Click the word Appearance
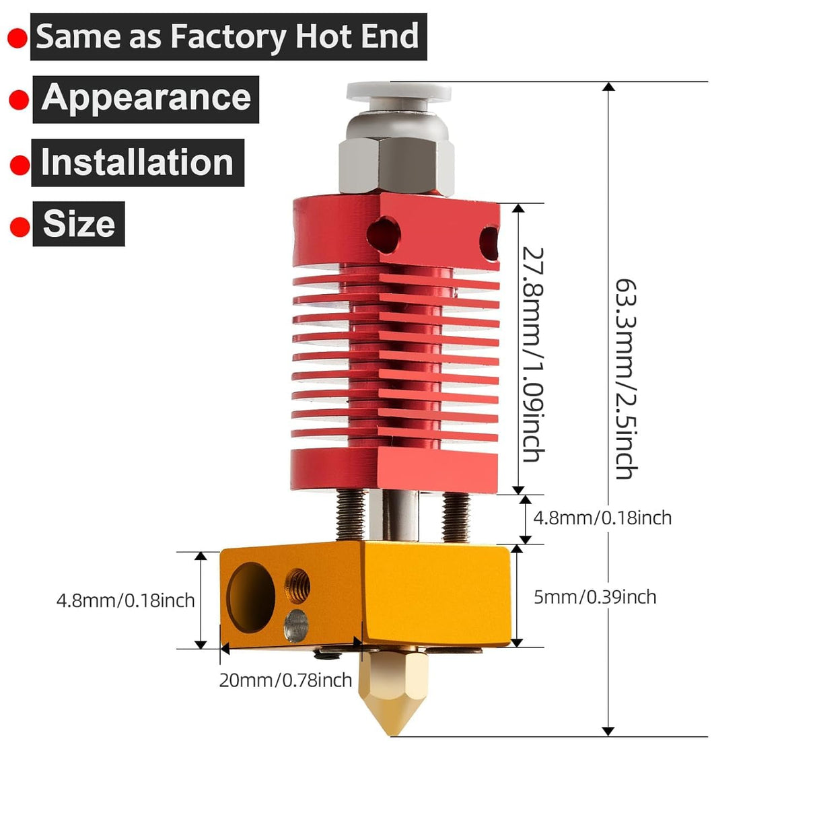point(146,98)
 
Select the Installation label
point(137,163)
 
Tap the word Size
point(79,223)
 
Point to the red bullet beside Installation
point(20,164)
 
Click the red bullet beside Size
point(20,227)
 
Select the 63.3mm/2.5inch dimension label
point(626,379)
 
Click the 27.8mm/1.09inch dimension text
point(533,354)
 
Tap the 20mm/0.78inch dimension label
point(285,680)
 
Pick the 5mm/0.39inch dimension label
point(594,597)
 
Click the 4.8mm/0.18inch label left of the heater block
point(125,600)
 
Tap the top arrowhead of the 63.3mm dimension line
point(608,87)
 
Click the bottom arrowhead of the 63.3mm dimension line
point(608,731)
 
